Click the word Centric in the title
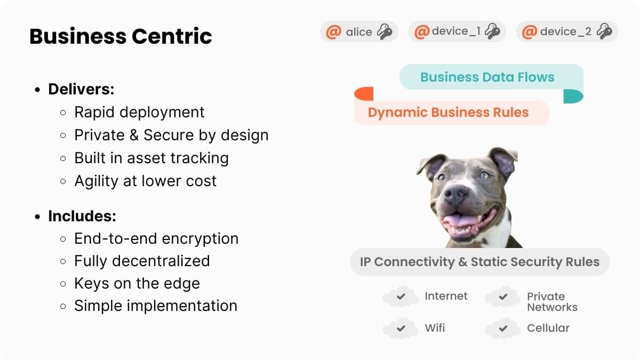pos(172,36)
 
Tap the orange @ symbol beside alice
pos(334,31)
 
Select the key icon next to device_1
pos(493,31)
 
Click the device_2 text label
pos(566,31)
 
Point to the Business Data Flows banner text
pos(487,77)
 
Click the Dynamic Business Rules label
pos(448,113)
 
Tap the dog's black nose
pos(455,195)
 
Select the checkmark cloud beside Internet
pos(401,297)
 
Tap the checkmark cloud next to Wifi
pos(401,329)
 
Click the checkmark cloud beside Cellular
pos(503,329)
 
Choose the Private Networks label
pos(552,302)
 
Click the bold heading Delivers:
pos(81,89)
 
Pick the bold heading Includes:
pos(82,216)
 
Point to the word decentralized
pos(161,261)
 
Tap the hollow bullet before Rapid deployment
pos(63,113)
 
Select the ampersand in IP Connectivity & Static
pos(462,262)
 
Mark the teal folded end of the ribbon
pos(573,97)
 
